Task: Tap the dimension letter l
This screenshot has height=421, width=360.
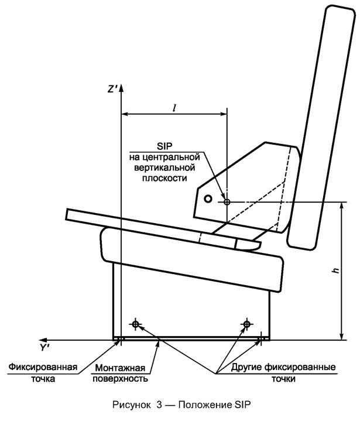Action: click(174, 107)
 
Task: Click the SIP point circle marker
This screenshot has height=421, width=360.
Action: click(227, 201)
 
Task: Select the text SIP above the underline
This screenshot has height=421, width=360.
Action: click(166, 145)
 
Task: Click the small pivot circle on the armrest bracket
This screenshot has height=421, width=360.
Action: click(207, 198)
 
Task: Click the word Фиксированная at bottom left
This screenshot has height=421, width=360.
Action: click(44, 368)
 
